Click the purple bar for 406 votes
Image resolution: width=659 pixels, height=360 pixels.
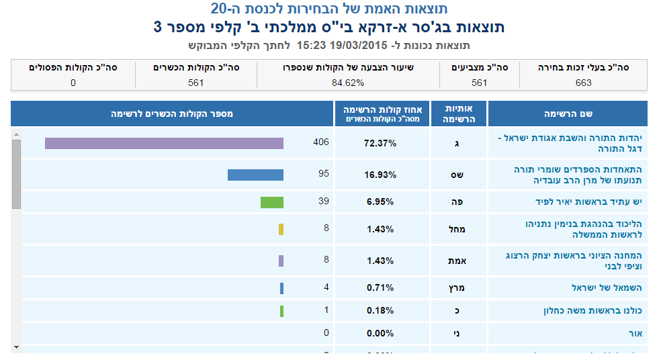[164, 143]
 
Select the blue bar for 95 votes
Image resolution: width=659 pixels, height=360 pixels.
[255, 175]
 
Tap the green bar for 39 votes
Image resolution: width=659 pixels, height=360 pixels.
[272, 202]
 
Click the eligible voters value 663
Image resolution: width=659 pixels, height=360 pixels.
[584, 83]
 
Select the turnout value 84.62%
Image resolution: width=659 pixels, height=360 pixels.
[347, 83]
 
